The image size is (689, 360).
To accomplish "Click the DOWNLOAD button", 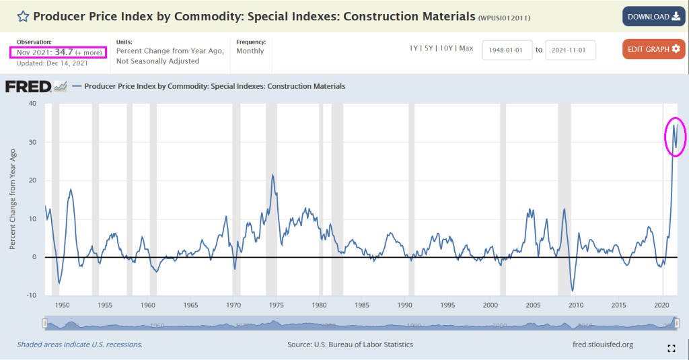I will click(653, 17).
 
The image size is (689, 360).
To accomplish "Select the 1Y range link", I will click(414, 48).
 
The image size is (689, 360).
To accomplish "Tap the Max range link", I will click(466, 48).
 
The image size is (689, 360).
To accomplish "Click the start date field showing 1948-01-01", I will click(507, 50).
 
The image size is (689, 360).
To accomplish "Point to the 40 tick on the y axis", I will click(32, 104).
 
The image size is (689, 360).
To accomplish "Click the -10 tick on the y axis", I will click(30, 295).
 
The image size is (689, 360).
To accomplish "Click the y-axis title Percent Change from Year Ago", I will click(13, 200).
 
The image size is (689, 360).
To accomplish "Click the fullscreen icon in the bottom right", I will click(671, 348).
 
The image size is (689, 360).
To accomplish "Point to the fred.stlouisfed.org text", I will click(601, 345).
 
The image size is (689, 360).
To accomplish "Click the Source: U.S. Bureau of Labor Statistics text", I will click(350, 345).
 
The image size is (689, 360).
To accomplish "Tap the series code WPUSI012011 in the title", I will click(504, 17).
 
